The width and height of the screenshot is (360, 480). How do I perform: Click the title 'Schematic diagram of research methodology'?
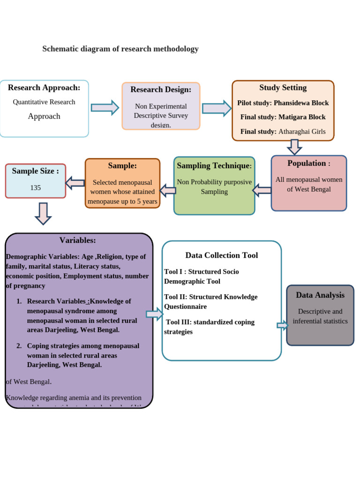coord(120,49)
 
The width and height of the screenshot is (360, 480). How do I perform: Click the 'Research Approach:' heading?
coord(44,88)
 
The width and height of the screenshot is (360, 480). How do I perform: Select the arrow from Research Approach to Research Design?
coord(105,108)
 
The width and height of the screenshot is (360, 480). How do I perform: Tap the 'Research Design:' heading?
coord(161,90)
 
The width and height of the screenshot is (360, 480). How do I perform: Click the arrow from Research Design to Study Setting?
coord(216,108)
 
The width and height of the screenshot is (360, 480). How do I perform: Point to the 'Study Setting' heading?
coord(283,88)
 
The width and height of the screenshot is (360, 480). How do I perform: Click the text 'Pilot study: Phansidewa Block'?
coord(283,103)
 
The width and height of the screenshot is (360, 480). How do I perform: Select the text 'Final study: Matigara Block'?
coord(283,117)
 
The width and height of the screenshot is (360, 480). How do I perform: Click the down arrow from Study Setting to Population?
coord(294,147)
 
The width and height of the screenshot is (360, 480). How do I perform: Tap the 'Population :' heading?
coord(308,164)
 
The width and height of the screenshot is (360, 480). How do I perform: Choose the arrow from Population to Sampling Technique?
coord(262,190)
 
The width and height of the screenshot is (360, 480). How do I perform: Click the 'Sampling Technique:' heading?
coord(214,166)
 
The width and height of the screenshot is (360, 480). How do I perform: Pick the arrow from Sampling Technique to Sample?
coord(167,190)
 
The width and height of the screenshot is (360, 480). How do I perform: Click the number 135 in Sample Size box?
coord(36,188)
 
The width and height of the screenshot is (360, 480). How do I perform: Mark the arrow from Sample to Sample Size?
coord(75,182)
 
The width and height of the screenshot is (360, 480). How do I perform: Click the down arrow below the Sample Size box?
coord(43,213)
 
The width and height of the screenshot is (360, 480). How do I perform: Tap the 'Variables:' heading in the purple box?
coord(78,240)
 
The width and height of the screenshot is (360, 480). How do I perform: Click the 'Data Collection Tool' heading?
coord(221,255)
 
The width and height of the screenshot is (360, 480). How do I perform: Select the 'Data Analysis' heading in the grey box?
coord(320,295)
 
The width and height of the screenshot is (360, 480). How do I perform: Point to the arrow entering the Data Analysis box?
coord(282,325)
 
